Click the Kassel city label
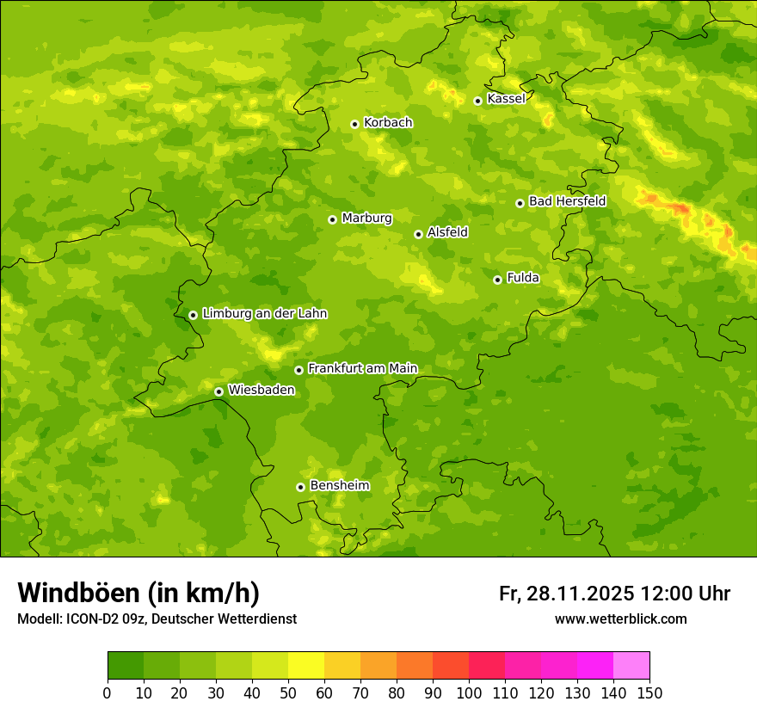click(506, 99)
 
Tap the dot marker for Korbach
click(354, 124)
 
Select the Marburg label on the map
click(366, 219)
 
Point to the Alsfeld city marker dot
click(418, 234)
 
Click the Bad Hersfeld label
click(567, 201)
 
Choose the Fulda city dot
click(497, 280)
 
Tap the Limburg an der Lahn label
click(264, 314)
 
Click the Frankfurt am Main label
click(362, 369)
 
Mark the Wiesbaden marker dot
click(218, 391)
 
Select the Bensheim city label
click(339, 486)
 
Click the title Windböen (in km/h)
click(138, 593)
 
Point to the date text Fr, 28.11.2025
click(566, 594)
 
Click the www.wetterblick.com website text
click(620, 619)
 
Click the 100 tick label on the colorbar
click(469, 693)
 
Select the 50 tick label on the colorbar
click(288, 693)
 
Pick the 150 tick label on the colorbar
click(649, 693)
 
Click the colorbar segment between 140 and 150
click(631, 666)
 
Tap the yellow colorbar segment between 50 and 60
click(306, 666)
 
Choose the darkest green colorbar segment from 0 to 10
click(126, 666)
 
